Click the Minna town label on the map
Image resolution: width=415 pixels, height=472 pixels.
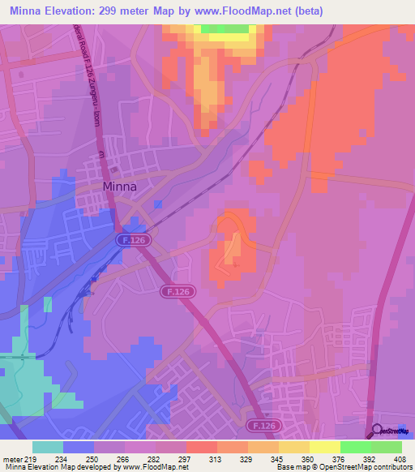[x=119, y=186]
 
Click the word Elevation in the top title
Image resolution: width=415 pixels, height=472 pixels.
[x=80, y=11]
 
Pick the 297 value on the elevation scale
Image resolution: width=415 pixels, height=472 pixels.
[x=186, y=458]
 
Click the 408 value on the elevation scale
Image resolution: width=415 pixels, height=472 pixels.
[x=401, y=458]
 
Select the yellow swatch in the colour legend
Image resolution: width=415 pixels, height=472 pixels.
[x=325, y=447]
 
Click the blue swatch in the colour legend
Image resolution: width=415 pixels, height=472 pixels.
[x=79, y=447]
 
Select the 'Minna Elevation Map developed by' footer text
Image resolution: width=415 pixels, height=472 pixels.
[x=62, y=467]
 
